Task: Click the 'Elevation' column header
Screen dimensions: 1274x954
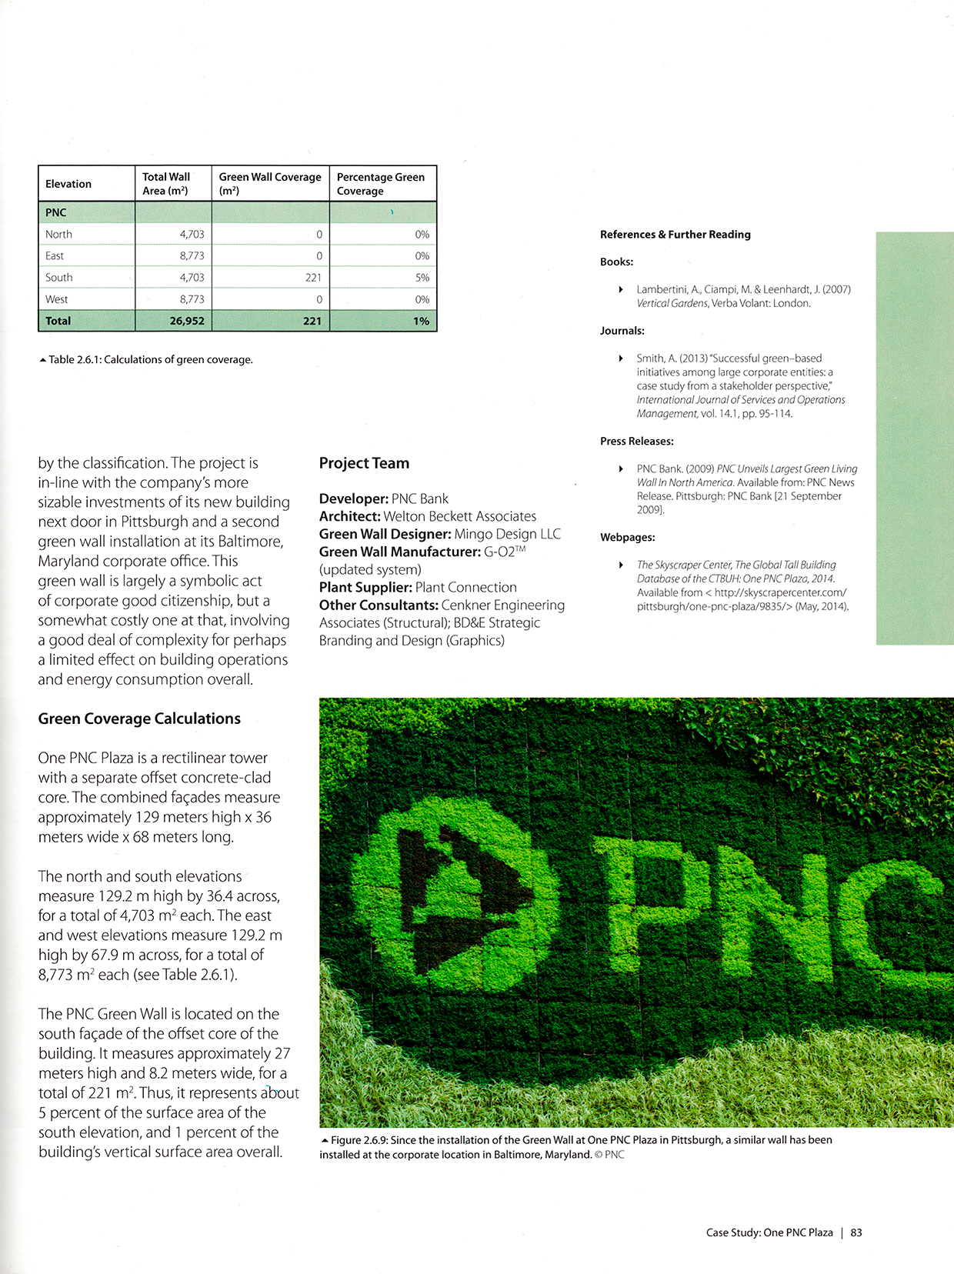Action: point(68,184)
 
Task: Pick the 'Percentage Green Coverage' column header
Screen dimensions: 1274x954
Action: point(381,184)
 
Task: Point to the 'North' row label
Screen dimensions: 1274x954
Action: point(58,235)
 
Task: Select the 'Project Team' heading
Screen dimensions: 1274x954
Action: point(364,463)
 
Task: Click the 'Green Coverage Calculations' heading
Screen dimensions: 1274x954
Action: point(139,719)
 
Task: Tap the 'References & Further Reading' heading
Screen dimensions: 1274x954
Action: point(675,235)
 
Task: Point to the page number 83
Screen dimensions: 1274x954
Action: point(856,1232)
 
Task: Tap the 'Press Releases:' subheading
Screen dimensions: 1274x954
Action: point(636,442)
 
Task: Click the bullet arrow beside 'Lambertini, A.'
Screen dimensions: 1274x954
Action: point(621,289)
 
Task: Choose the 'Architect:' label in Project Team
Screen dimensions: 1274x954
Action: point(350,516)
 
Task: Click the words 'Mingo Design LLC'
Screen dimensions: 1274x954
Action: point(507,534)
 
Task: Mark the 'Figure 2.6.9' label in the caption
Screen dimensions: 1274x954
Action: point(359,1140)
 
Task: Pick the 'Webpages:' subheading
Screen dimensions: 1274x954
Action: point(627,537)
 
